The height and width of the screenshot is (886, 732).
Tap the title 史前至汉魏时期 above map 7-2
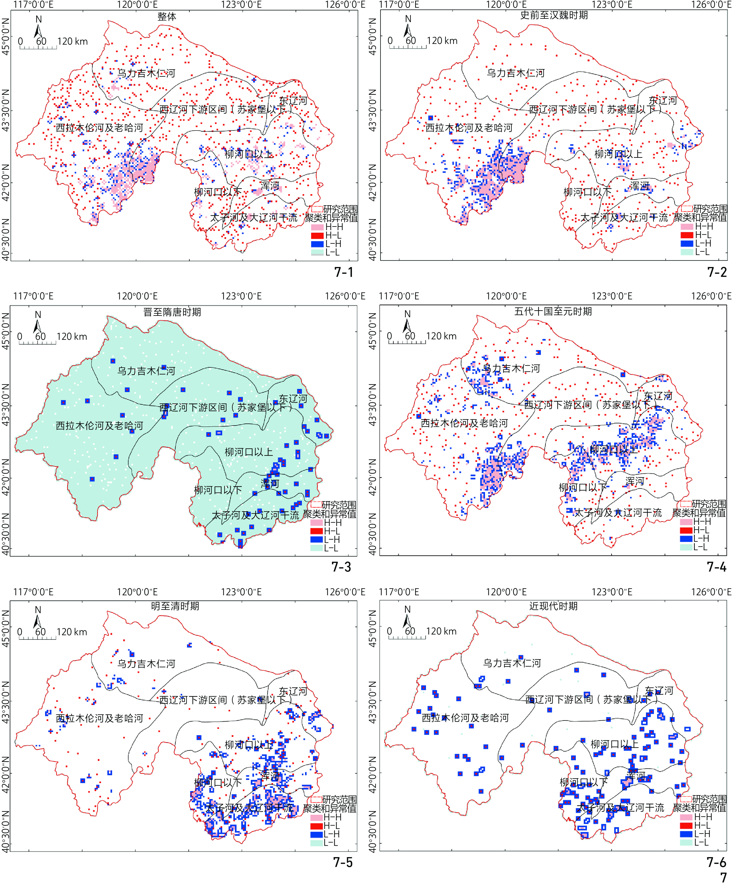[x=554, y=15]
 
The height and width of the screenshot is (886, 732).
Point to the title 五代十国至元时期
[x=553, y=311]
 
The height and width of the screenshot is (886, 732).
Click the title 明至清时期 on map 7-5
[x=175, y=606]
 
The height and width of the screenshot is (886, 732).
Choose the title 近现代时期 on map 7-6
[x=553, y=606]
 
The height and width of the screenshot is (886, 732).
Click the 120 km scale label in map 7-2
[x=442, y=41]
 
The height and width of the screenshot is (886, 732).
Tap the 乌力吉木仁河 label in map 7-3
[x=146, y=371]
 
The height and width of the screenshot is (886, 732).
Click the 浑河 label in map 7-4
[x=635, y=482]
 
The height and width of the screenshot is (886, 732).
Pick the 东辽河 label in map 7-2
[x=663, y=100]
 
